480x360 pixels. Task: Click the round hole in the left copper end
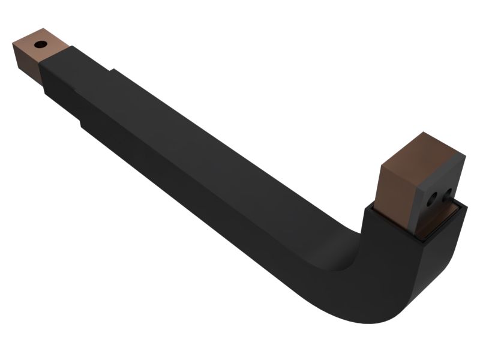(40, 44)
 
